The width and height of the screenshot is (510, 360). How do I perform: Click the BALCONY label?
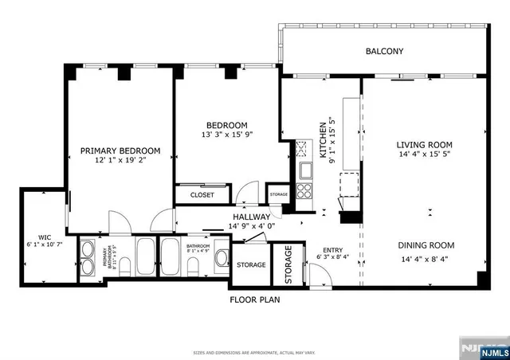pos(384,52)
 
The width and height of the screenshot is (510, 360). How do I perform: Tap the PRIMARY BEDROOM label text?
pos(120,151)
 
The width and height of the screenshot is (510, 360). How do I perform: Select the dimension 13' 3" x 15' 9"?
pos(227,135)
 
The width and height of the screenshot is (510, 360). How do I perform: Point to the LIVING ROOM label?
pos(425,145)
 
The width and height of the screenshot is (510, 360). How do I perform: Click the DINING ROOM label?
pos(426,246)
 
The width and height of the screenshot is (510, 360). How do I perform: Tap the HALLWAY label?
pos(252,217)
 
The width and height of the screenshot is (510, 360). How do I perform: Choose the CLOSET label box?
pos(201,194)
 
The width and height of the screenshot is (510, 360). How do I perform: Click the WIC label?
pos(45,237)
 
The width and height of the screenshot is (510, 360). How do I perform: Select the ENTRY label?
pos(333,249)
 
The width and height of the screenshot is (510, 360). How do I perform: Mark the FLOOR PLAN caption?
pos(255,300)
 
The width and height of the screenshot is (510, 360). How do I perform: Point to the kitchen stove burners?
pos(304,190)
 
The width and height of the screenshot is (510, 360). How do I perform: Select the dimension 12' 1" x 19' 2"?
pos(120,160)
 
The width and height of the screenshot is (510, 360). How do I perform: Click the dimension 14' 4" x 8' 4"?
pos(426,258)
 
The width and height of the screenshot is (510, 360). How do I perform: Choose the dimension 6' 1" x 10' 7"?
pos(45,245)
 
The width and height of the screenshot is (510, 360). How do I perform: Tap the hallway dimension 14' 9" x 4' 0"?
pos(252,226)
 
